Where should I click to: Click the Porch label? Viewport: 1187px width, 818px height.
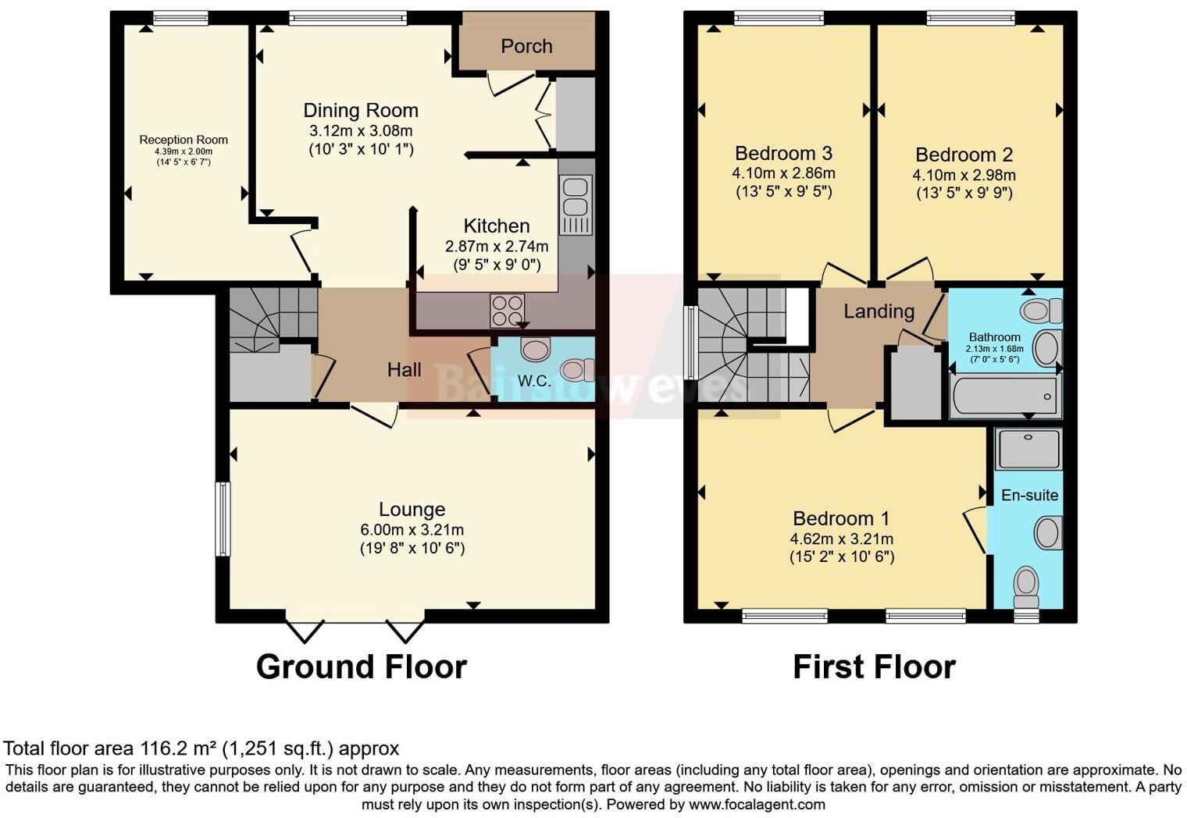pos(526,46)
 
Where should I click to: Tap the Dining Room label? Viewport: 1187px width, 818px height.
pos(360,110)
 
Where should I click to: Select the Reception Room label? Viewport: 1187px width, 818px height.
pos(184,140)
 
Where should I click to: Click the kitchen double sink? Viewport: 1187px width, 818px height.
pos(574,196)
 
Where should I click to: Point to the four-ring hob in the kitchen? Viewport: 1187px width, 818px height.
pos(508,310)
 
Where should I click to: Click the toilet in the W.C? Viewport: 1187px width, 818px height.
pos(577,369)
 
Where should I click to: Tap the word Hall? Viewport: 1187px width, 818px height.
pos(404,369)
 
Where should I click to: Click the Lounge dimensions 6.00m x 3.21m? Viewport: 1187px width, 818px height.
pos(412,529)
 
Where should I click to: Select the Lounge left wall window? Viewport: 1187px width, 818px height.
pos(223,519)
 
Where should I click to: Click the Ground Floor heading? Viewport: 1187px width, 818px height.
pos(361,667)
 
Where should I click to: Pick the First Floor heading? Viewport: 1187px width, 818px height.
pos(874,667)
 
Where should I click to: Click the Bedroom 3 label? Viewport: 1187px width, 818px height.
pos(783,153)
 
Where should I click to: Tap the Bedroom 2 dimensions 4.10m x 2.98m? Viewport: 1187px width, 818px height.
pos(964,175)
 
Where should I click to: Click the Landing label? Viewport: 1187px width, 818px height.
pos(879,311)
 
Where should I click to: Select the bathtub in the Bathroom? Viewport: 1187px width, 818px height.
pos(1004,397)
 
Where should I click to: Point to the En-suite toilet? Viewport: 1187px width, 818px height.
pos(1025,586)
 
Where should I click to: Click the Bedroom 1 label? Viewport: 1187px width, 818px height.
pos(841,518)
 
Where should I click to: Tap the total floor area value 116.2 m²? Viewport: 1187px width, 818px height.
pos(179,749)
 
